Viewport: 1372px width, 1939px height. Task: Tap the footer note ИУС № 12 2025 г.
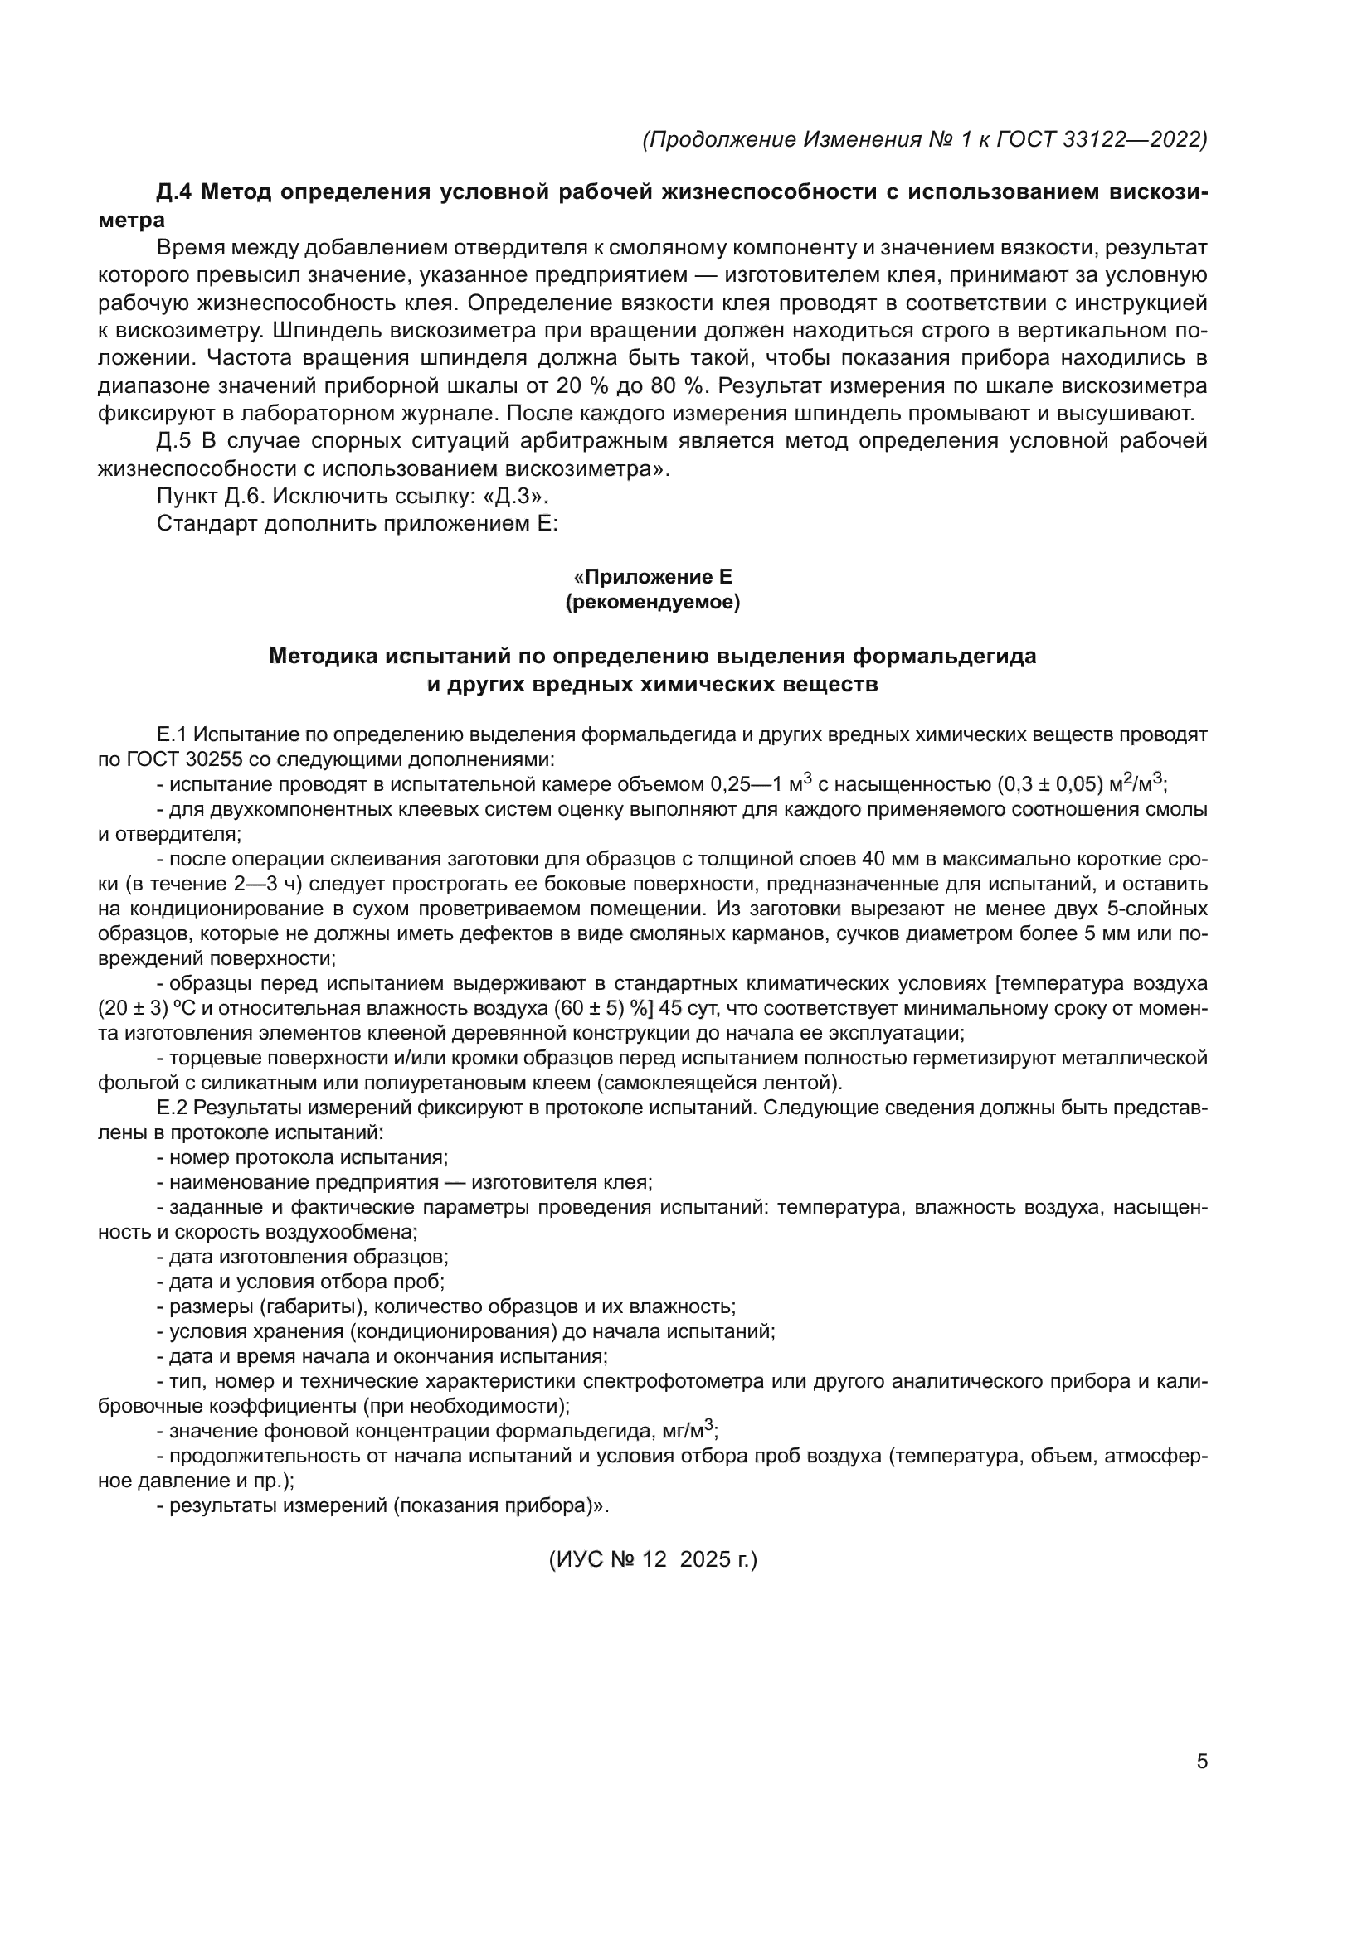653,1559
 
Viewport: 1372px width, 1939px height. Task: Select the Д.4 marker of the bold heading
175,192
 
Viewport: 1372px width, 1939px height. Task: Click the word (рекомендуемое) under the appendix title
652,602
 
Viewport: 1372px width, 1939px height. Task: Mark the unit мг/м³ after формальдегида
686,1431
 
